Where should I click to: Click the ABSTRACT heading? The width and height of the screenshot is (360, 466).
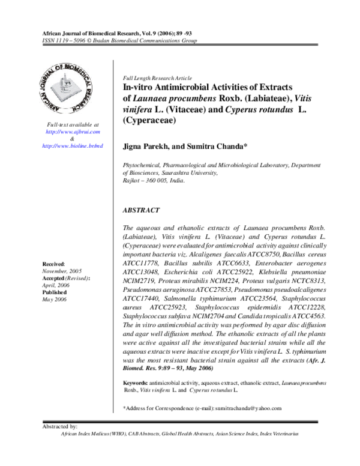pyautogui.click(x=141, y=211)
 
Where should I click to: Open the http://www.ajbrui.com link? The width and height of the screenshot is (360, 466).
pyautogui.click(x=73, y=132)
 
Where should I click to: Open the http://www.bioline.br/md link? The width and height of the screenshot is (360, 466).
pyautogui.click(x=73, y=146)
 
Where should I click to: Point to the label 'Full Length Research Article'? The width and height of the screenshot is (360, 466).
pyautogui.click(x=157, y=79)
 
